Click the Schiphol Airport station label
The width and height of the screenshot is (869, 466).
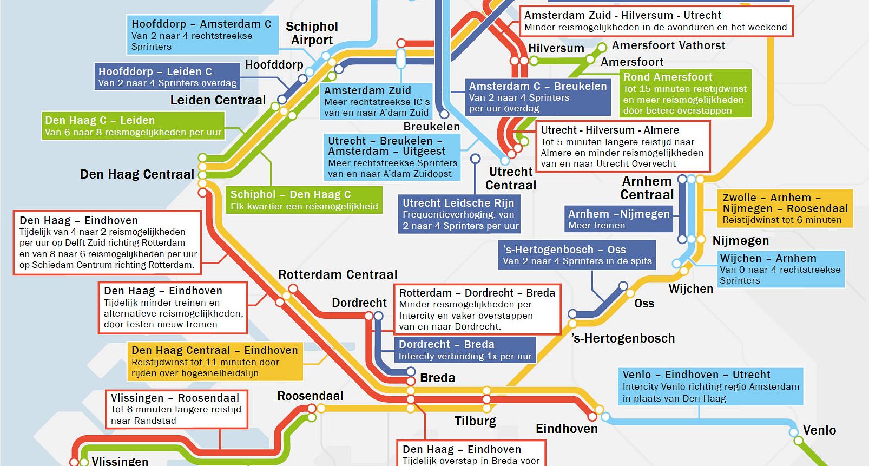tap(312, 33)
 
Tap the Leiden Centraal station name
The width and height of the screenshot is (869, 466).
tap(218, 100)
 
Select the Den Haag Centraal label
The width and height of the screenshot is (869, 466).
tap(137, 174)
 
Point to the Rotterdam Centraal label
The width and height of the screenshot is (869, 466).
tap(338, 274)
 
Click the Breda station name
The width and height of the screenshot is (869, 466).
tap(437, 378)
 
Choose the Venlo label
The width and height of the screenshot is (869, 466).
tap(819, 430)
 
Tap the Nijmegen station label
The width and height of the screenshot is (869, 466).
tap(740, 240)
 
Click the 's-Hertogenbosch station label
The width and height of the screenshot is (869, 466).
tap(623, 338)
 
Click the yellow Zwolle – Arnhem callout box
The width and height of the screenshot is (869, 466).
tap(785, 208)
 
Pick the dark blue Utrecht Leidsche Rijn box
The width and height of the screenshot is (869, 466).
tap(459, 214)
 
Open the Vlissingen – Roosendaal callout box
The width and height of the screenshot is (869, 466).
tap(176, 409)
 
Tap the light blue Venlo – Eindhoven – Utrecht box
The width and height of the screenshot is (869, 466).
tap(710, 386)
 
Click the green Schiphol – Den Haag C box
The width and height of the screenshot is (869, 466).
tap(304, 200)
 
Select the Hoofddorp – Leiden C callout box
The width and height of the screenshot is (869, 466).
tap(167, 77)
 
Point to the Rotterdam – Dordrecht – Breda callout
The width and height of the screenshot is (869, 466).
tap(477, 309)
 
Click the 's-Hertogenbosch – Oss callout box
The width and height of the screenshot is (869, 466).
tap(577, 255)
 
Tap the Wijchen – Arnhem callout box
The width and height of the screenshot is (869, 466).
tap(780, 269)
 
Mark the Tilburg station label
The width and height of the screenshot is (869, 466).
tap(475, 421)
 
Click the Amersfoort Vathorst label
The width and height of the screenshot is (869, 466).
tap(668, 45)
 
